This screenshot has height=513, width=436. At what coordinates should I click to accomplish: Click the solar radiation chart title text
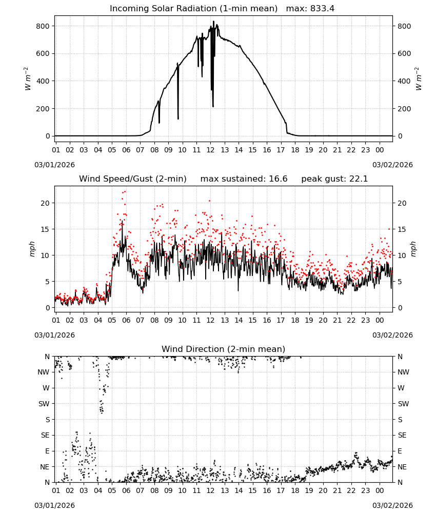coord(193,9)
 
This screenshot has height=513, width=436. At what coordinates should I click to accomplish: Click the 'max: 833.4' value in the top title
coord(310,9)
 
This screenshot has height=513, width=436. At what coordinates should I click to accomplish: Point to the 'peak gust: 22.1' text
coord(334,179)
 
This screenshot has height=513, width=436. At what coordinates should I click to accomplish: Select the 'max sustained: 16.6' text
coord(244,179)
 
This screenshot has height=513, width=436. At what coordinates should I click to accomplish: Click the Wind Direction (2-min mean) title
coord(224,349)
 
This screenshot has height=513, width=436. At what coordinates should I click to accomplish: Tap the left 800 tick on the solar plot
coord(43,26)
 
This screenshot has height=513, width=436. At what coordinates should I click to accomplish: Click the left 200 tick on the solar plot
coord(43,109)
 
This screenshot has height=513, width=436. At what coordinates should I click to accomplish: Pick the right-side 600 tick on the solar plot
coord(404,54)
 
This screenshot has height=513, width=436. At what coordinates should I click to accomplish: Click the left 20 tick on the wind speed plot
coord(45,203)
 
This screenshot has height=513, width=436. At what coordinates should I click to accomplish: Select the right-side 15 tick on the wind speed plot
coord(402,229)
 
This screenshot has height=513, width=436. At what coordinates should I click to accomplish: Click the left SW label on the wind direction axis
coord(44,404)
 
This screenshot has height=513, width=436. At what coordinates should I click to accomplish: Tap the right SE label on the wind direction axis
coord(402,435)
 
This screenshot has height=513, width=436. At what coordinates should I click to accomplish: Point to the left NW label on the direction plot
coord(44,372)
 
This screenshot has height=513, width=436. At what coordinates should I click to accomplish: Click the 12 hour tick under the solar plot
coord(210,150)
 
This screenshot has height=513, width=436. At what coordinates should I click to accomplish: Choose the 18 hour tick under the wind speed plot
coord(295,320)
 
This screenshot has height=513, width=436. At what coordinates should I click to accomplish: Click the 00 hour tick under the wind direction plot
coord(380,490)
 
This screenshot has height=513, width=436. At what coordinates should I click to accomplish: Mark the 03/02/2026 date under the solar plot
coord(392,165)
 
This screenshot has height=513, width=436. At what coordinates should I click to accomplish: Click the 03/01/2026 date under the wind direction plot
coord(54,505)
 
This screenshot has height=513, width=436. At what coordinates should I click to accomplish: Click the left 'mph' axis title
coord(32,249)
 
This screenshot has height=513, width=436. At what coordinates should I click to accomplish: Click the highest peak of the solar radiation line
coord(213,21)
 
